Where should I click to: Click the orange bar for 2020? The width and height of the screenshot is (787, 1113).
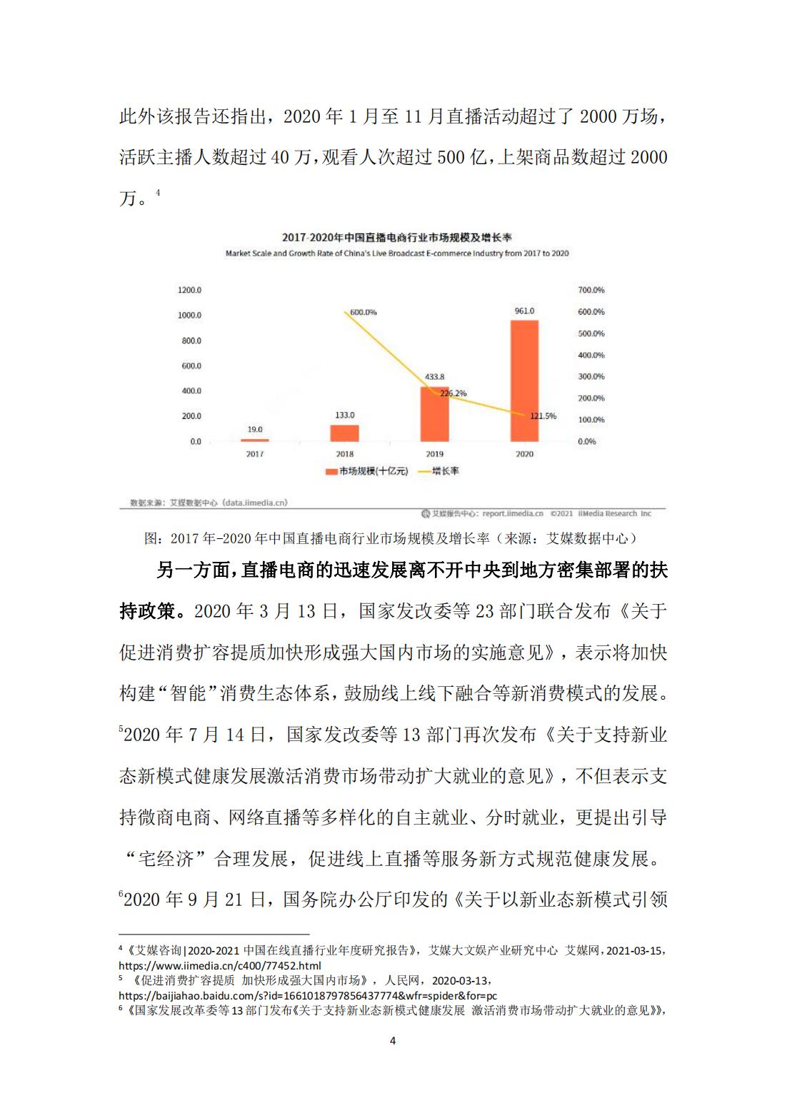[x=524, y=381]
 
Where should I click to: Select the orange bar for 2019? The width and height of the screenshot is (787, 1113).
[x=434, y=414]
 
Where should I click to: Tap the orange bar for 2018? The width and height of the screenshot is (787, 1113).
[x=344, y=433]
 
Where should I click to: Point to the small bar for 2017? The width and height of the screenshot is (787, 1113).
[x=255, y=440]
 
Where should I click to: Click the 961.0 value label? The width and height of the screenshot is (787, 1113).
[x=524, y=311]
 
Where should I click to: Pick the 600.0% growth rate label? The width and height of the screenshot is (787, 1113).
[x=363, y=312]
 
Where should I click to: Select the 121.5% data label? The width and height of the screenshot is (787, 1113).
[x=543, y=416]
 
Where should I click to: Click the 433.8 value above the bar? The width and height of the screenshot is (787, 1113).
[x=434, y=376]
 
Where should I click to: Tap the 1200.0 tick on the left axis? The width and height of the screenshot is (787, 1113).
[x=189, y=290]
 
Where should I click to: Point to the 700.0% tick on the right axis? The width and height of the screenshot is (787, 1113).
[x=591, y=290]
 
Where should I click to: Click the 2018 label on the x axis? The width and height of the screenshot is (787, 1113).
[x=344, y=454]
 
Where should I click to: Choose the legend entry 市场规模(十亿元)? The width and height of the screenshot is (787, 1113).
[x=367, y=471]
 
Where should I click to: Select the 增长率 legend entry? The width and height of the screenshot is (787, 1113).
[x=444, y=471]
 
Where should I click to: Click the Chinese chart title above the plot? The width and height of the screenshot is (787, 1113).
[x=396, y=237]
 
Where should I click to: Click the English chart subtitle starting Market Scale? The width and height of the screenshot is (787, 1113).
[x=396, y=253]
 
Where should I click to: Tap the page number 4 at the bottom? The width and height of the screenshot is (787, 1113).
[x=393, y=1040]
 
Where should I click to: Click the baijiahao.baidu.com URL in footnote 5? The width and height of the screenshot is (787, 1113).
[x=307, y=995]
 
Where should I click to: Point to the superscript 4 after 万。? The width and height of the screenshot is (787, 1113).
[x=158, y=192]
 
